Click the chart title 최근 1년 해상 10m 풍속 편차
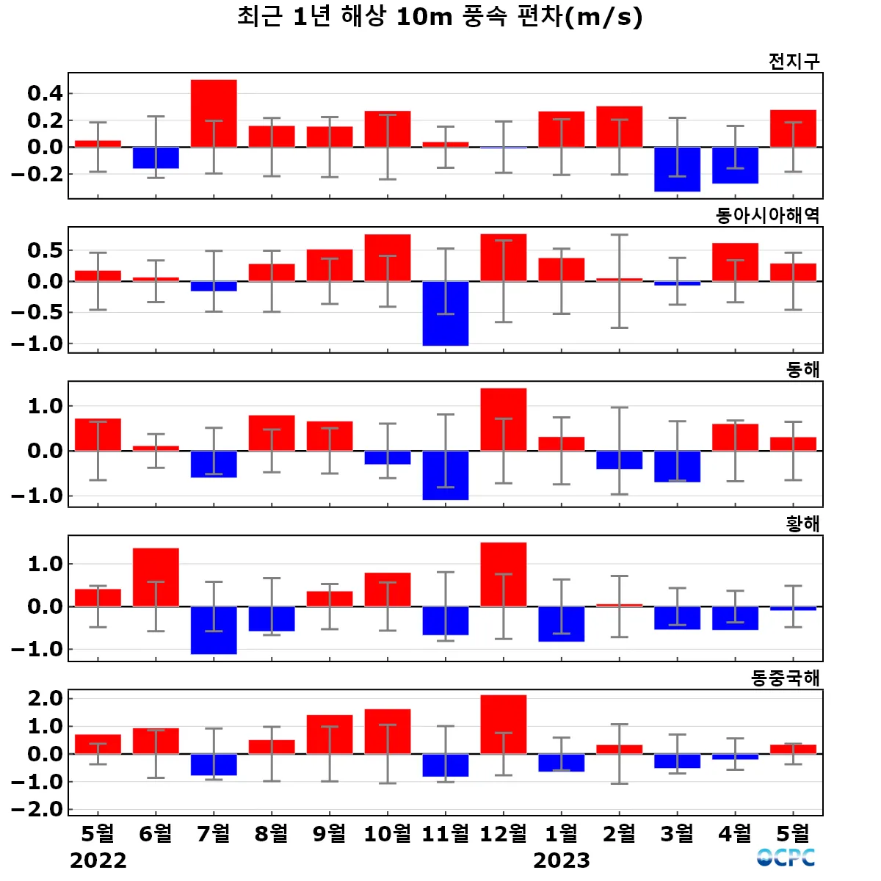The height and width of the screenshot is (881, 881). pos(439,17)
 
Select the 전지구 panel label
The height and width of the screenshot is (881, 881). pos(794,61)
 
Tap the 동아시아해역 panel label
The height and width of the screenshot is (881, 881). pos(767,215)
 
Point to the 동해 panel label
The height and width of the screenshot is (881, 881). pos(802,369)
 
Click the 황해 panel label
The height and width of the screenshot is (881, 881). pos(802,523)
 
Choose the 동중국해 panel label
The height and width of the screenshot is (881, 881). pos(785,678)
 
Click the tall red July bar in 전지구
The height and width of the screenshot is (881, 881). pos(214,113)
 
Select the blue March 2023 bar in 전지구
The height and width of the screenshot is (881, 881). pos(677,170)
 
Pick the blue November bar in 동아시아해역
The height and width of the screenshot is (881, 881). pos(446,313)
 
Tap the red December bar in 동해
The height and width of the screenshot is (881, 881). pos(504,419)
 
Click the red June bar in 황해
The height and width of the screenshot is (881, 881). pos(156,577)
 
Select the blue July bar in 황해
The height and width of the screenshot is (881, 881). pos(214,630)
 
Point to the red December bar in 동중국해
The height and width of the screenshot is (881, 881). pos(504,724)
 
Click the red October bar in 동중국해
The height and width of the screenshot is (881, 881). pos(388,731)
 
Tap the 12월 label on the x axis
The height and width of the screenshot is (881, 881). pos(504,833)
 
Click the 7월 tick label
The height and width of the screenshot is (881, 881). pos(214,833)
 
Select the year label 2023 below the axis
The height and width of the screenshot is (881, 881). pos(562,860)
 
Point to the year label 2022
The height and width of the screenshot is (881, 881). pos(98,860)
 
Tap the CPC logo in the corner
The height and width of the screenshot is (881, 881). pos(786,858)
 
